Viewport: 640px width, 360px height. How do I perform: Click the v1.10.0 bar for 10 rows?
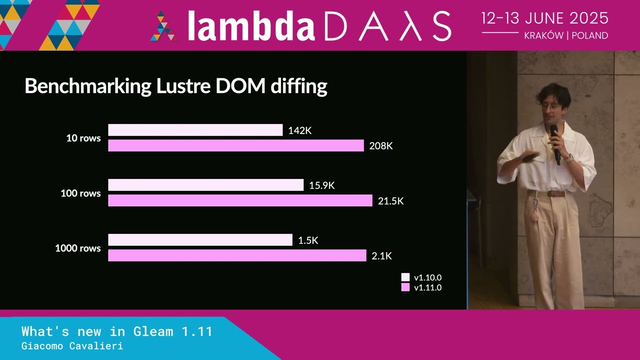click(x=195, y=130)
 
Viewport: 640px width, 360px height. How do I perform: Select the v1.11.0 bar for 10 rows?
click(x=235, y=145)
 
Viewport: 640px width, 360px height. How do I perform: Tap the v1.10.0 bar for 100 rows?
click(x=205, y=185)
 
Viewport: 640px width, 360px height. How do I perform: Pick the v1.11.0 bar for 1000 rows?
click(x=237, y=255)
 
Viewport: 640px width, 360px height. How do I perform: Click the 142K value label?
click(x=300, y=130)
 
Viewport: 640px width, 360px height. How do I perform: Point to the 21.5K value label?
click(x=390, y=201)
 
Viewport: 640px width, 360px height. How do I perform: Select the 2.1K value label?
click(x=381, y=256)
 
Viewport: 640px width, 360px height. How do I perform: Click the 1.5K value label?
click(x=308, y=240)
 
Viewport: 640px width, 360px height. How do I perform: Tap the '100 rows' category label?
click(x=80, y=193)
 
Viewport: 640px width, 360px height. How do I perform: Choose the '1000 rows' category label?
click(x=77, y=248)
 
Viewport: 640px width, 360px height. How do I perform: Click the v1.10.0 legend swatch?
click(x=405, y=277)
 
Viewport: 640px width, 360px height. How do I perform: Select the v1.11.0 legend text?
click(x=427, y=287)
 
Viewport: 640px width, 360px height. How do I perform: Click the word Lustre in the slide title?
click(x=183, y=86)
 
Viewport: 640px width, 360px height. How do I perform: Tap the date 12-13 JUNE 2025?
click(x=545, y=18)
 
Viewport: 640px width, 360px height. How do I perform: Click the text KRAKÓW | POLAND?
click(x=566, y=35)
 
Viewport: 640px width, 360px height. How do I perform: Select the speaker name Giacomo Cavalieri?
click(x=72, y=346)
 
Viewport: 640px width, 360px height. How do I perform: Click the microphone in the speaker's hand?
click(x=555, y=142)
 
